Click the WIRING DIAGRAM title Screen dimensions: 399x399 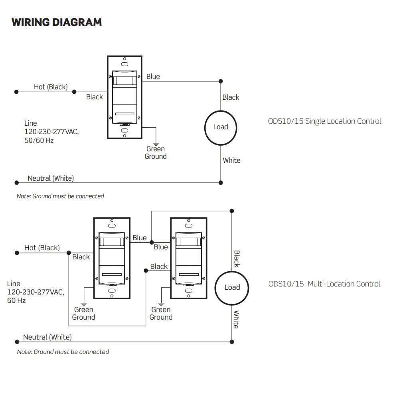coord(57,22)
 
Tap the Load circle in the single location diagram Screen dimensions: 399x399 coord(220,127)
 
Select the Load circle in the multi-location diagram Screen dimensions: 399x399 coord(232,287)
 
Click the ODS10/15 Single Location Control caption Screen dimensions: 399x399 coord(324,121)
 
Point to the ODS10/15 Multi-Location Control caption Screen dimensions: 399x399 coord(324,284)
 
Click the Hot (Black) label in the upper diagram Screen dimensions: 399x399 coord(51,87)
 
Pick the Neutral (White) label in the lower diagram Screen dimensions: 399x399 coord(47,337)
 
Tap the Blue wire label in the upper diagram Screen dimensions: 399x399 coord(153,76)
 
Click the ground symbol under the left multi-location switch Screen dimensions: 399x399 coord(84,303)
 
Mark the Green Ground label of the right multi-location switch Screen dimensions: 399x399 coord(161,314)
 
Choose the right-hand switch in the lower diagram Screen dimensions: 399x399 coord(188,258)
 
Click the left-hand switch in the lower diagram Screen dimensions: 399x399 coord(112,258)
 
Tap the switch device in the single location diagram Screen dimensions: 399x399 coord(125,97)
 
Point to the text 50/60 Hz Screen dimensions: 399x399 coord(39,140)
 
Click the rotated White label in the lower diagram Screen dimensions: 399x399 coord(236,320)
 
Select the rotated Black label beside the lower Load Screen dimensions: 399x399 coord(236,259)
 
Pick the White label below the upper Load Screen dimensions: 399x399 coord(231,160)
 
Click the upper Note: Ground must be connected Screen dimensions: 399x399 coord(60,196)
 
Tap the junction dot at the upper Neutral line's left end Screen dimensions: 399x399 coord(16,183)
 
